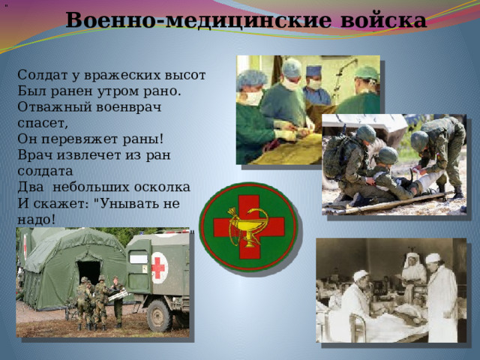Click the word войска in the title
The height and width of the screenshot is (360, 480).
383,20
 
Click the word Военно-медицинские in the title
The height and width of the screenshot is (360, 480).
198,20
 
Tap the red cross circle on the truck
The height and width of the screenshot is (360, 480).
159,268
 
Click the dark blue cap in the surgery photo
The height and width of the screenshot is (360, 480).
313,70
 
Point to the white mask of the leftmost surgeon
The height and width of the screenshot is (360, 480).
253,98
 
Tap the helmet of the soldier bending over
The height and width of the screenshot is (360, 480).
418,141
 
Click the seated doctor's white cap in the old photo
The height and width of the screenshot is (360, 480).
361,275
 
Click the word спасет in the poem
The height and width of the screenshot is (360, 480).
42,123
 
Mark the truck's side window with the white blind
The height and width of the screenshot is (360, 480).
139,258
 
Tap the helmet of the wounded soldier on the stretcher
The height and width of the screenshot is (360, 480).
388,155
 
